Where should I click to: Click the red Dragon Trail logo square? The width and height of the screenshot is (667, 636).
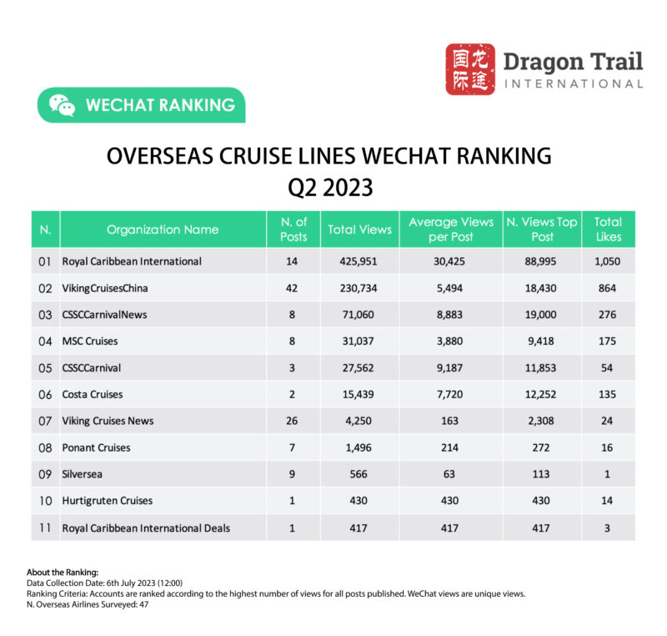[469, 69]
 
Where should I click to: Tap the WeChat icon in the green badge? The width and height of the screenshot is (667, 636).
[62, 105]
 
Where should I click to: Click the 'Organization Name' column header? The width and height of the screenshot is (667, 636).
[163, 230]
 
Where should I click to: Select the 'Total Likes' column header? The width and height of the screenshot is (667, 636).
[608, 229]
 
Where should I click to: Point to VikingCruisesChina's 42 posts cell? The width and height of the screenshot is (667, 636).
[293, 288]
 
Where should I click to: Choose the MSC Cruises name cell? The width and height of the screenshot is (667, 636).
[90, 341]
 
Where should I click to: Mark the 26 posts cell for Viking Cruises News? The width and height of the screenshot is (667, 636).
[293, 421]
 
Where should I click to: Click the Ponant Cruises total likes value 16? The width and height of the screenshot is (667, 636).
[608, 447]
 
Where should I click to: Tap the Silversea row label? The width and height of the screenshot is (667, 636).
[83, 474]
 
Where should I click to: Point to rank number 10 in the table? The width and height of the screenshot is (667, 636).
[45, 501]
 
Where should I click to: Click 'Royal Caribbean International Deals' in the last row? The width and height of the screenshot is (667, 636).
[146, 527]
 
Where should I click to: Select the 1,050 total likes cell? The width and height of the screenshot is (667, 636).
[608, 261]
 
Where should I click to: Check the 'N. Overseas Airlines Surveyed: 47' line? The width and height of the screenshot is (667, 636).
[88, 603]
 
